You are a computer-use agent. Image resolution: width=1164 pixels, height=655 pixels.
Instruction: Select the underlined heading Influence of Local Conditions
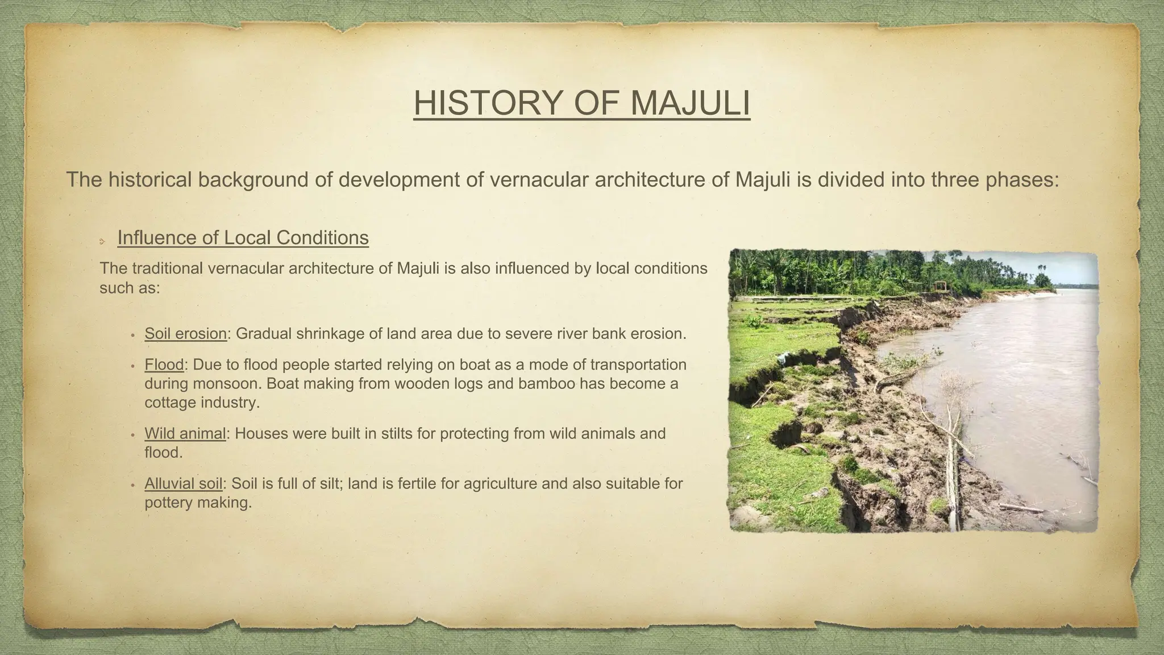[243, 238]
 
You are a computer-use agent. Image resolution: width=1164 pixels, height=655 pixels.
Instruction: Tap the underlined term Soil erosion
[185, 334]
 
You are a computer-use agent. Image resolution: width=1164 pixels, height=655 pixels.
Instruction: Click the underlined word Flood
[164, 364]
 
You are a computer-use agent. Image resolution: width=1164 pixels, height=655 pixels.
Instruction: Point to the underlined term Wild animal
[185, 434]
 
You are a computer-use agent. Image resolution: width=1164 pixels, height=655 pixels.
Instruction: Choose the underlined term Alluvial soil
[183, 484]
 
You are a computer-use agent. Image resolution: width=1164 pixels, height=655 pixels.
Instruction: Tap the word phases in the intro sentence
[1019, 180]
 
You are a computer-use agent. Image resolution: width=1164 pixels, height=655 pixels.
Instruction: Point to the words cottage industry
[202, 403]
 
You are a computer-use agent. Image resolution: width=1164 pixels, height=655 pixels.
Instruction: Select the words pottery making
[198, 503]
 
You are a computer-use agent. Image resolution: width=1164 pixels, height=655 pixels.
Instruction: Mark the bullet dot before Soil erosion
[132, 335]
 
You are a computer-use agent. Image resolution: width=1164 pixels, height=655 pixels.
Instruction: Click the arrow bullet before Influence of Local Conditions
[102, 242]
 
